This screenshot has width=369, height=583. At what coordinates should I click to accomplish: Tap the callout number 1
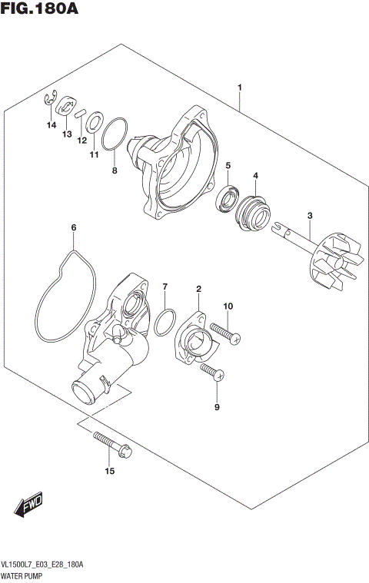(241, 88)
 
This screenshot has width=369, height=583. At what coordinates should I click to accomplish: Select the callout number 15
(109, 471)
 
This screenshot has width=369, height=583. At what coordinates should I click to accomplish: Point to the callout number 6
(74, 227)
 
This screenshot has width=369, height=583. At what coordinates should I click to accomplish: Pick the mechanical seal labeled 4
(252, 208)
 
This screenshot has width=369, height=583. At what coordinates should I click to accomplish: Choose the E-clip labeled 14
(51, 98)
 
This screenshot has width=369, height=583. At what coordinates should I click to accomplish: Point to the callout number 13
(68, 134)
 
